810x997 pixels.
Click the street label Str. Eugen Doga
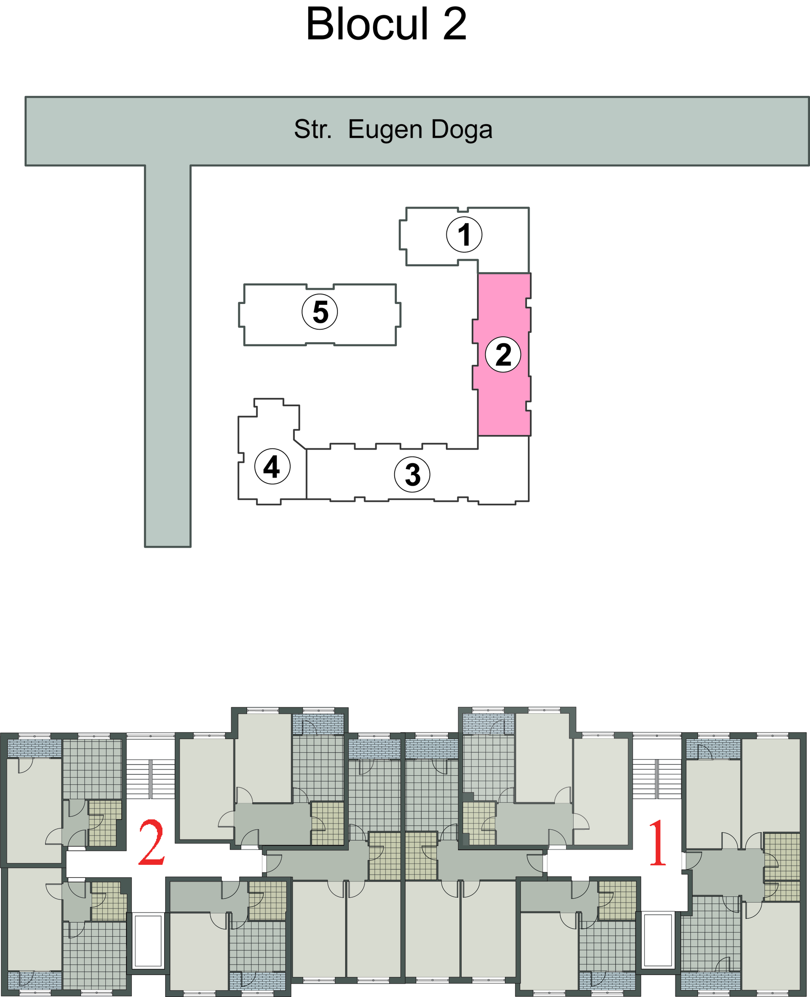point(393,130)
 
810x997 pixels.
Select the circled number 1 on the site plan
point(464,235)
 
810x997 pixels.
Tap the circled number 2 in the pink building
point(504,354)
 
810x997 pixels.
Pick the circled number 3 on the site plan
point(413,474)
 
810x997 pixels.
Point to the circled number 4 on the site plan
point(273,466)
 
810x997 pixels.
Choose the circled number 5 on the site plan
point(320,312)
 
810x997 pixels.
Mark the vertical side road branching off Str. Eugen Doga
point(168,356)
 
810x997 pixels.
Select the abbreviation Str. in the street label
point(313,129)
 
